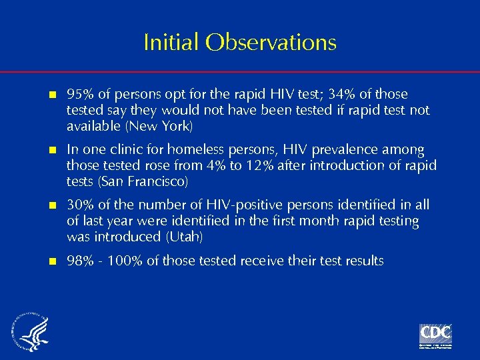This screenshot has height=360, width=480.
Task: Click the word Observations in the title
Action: (x=271, y=43)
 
